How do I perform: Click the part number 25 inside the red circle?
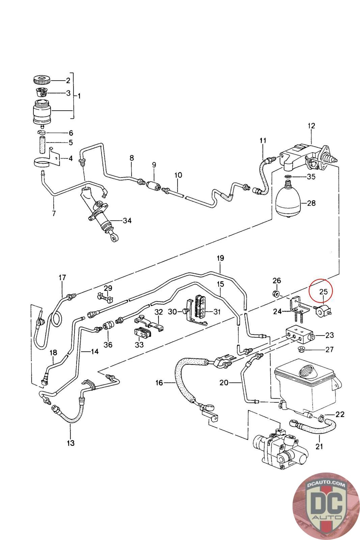point(323,291)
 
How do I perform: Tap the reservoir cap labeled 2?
point(42,81)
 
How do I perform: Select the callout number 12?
point(311,126)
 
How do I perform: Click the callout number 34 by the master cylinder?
point(127,221)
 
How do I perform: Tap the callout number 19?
point(220,258)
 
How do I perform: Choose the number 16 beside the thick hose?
point(159,382)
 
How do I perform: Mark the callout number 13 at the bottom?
point(71,443)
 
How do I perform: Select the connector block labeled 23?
point(299,335)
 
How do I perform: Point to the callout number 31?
point(217,312)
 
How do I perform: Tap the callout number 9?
point(154,165)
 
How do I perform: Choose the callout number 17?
point(62,278)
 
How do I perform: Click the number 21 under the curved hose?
point(319,447)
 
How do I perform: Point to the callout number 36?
point(108,345)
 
